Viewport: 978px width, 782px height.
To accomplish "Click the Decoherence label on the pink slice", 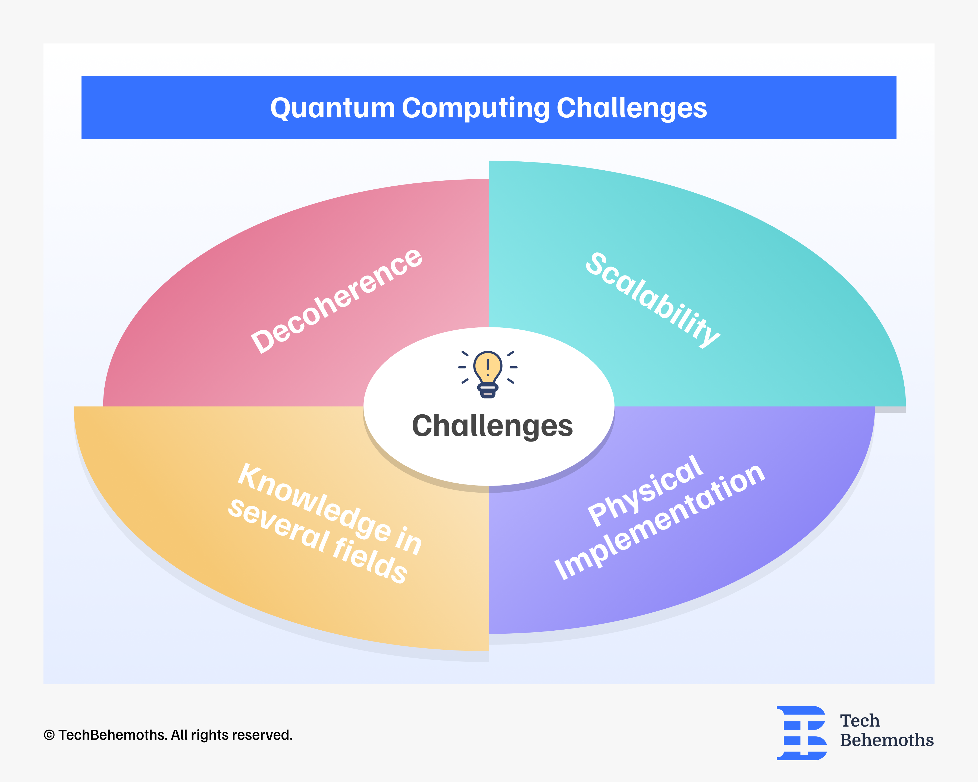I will click(337, 301).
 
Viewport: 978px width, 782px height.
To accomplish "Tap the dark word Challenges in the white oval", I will click(492, 426).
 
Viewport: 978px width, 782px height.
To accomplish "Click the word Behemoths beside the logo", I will click(886, 740).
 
